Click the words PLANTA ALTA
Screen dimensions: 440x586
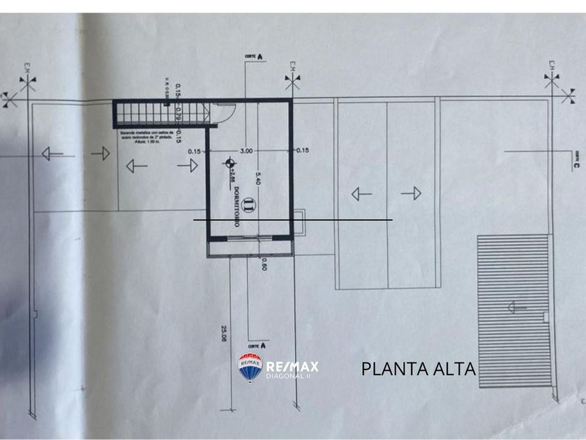[x=418, y=369]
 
